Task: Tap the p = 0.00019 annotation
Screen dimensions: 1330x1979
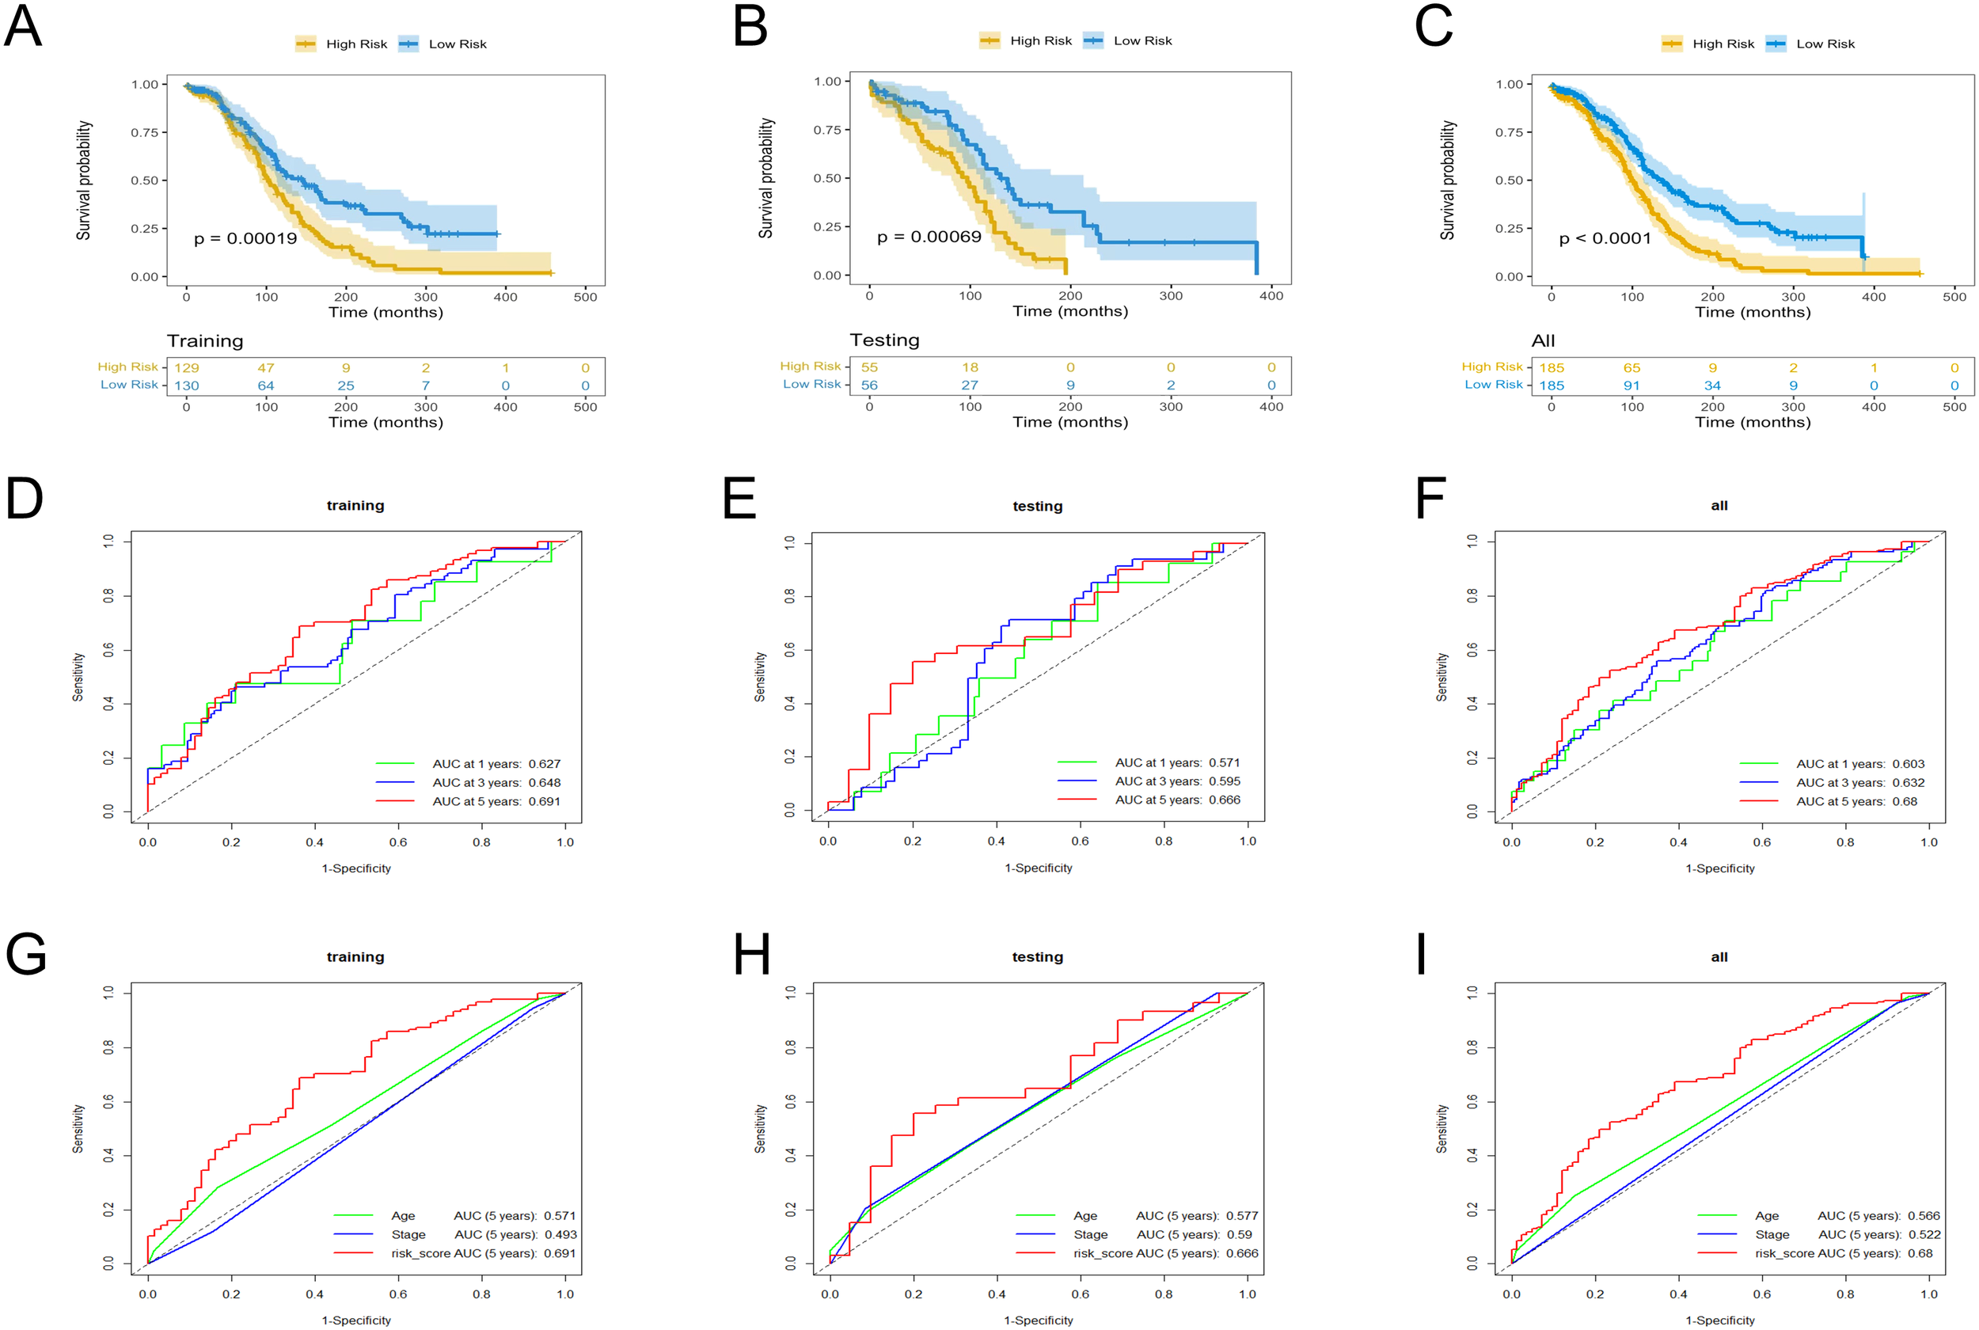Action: tap(245, 238)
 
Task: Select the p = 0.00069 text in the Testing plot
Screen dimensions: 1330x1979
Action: tap(929, 237)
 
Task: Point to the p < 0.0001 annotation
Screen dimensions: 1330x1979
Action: tap(1605, 238)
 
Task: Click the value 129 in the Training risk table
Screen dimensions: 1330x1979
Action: tap(187, 368)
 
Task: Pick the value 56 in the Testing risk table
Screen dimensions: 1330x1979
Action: tap(869, 385)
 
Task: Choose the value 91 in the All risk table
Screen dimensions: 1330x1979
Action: tap(1631, 385)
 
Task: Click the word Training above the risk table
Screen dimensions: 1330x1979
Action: tap(205, 341)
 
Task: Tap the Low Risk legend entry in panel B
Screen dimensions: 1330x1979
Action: tap(1142, 40)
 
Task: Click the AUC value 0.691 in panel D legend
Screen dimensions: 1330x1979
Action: tap(545, 801)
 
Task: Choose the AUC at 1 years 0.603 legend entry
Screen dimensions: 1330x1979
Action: tap(1860, 764)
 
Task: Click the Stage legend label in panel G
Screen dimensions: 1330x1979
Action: tap(408, 1235)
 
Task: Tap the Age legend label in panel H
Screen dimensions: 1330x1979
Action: tap(1085, 1216)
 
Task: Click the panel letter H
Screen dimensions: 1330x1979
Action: tap(751, 954)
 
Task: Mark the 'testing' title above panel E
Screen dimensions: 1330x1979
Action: tap(1037, 507)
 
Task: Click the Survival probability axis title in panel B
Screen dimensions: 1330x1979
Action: tap(766, 178)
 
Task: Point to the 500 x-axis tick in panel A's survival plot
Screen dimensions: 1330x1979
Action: tap(585, 297)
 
